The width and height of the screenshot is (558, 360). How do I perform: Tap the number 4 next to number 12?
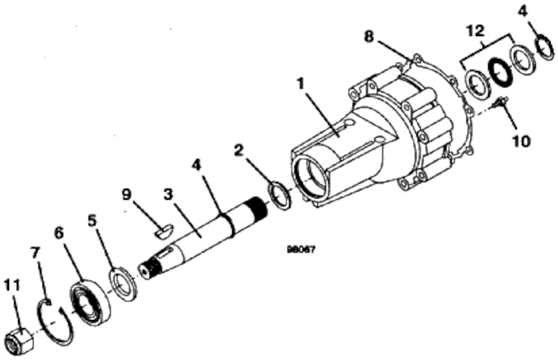544,11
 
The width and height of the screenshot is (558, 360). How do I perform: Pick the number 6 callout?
59,233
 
